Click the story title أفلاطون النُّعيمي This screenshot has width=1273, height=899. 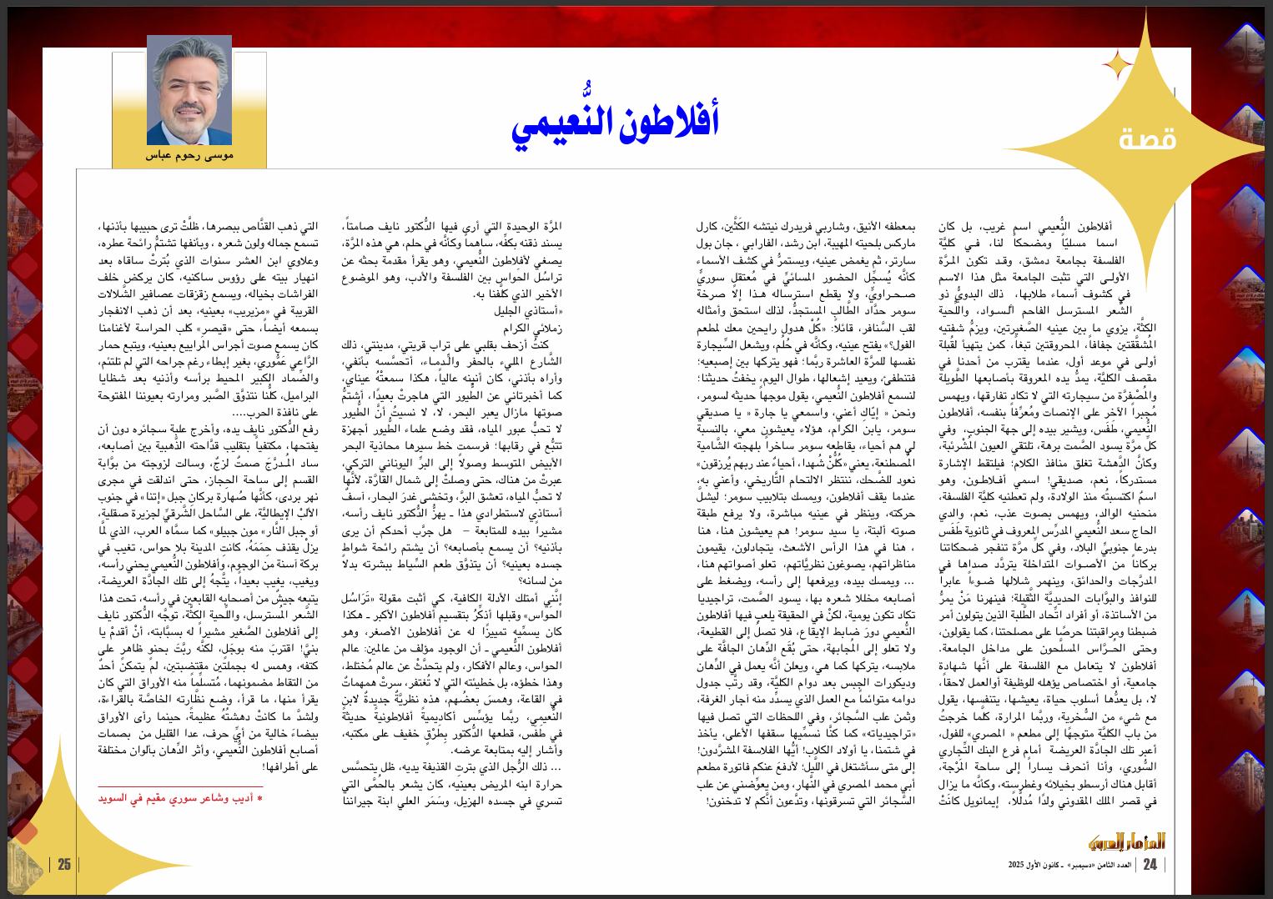point(615,122)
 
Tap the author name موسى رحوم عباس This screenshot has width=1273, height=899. point(189,155)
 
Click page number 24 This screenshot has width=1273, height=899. point(1150,865)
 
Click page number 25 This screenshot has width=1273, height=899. point(64,865)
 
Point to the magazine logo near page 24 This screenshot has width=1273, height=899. point(1139,841)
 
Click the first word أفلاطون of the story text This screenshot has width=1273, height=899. point(1094,227)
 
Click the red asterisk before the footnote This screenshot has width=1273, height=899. point(260,799)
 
